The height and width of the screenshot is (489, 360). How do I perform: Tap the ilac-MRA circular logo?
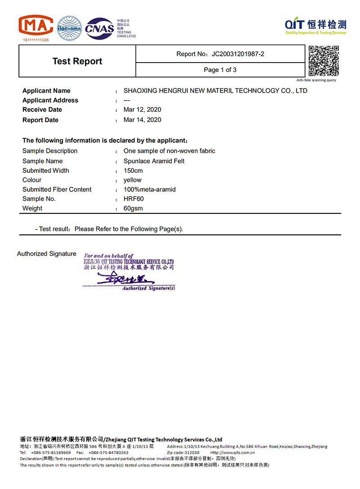[69, 28]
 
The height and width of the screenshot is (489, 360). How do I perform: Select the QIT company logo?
[315, 26]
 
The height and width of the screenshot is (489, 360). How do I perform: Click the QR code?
[323, 61]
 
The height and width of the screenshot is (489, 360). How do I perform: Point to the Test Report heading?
[77, 61]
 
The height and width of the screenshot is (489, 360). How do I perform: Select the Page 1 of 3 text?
[220, 70]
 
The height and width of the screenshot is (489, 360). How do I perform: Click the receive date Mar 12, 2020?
[142, 109]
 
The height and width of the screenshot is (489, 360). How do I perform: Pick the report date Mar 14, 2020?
[142, 120]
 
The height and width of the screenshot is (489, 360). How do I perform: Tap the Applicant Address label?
[50, 100]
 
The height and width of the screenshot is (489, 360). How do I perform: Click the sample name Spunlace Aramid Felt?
[154, 161]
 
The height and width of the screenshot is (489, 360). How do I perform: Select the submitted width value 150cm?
[133, 171]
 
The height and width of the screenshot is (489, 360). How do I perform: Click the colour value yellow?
[132, 180]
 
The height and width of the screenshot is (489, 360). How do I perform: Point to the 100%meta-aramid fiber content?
[149, 190]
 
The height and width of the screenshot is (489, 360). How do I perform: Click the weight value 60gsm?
[133, 208]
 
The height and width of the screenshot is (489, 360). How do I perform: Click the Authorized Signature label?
[47, 254]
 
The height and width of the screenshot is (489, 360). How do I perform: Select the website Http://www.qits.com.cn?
[232, 453]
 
